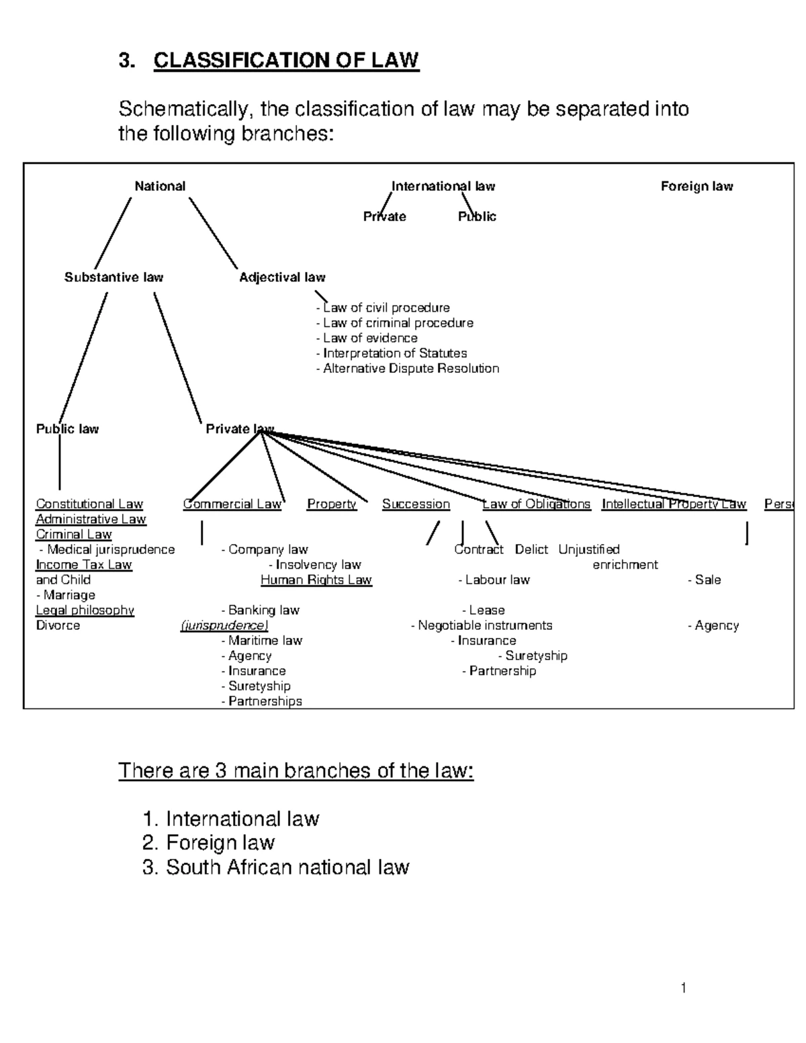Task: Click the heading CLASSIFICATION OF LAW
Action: click(286, 60)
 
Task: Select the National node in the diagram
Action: click(160, 186)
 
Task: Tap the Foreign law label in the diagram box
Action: click(697, 186)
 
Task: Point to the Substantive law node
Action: click(114, 277)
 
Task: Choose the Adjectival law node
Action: click(282, 277)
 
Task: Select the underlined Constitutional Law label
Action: click(89, 504)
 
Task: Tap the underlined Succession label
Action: click(416, 504)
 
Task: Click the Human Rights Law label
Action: click(316, 580)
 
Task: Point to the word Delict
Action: click(531, 550)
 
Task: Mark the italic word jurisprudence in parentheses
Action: click(224, 626)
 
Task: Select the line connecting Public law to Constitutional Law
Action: click(60, 463)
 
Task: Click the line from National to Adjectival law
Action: click(214, 233)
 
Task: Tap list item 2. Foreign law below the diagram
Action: click(209, 843)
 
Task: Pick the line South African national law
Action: click(276, 867)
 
